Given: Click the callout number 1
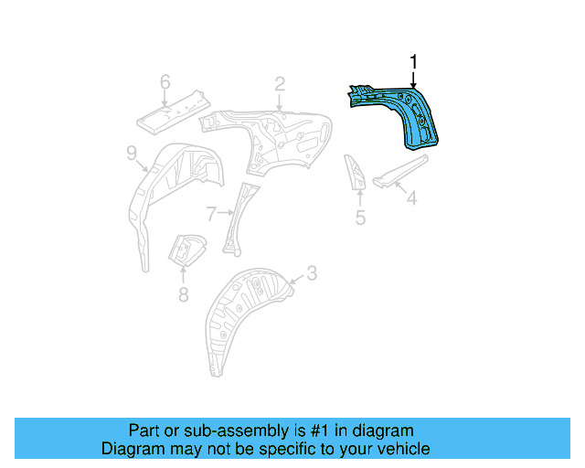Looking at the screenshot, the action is [x=413, y=62].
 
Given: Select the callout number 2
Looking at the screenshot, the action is [x=280, y=84].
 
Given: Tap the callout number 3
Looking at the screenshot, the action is [x=311, y=272].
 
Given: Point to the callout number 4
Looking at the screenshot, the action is [x=412, y=197].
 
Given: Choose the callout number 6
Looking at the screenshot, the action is [x=165, y=83].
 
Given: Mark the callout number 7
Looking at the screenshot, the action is [x=211, y=214].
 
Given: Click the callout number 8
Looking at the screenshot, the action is [x=183, y=293].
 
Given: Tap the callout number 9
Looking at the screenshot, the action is [x=132, y=154].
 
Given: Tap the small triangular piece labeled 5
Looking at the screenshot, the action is [x=356, y=172].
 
